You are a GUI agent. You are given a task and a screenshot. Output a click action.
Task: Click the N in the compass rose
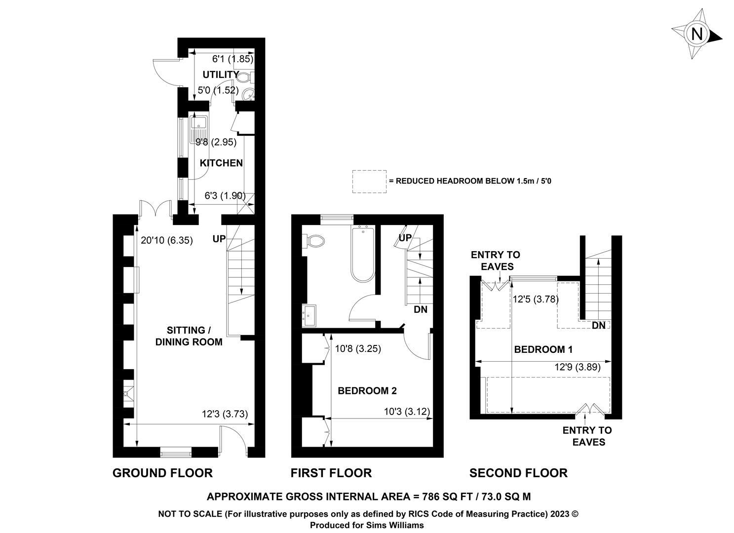(696, 34)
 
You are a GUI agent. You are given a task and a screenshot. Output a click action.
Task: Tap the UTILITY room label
(221, 75)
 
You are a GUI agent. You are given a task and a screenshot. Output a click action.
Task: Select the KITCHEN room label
(221, 163)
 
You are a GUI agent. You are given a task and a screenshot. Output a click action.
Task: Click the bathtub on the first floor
(363, 253)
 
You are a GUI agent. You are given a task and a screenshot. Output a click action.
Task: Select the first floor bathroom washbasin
(309, 316)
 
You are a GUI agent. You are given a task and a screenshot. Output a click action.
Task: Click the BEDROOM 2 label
(367, 391)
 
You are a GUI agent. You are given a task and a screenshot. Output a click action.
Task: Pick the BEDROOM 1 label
(543, 349)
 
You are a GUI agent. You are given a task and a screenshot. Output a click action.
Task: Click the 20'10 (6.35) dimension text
(167, 240)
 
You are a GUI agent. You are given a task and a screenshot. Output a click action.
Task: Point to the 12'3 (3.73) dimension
(225, 414)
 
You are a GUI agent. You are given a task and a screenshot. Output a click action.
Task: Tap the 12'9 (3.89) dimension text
(578, 367)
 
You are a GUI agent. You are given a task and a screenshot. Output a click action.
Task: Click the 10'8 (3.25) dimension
(358, 348)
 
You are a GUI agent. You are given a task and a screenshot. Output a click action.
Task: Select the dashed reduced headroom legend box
(369, 182)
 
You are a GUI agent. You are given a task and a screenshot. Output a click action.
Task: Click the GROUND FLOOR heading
(162, 473)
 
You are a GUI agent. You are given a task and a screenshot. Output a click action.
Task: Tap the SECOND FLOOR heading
(518, 473)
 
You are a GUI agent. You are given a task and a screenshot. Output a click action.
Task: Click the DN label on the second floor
(599, 325)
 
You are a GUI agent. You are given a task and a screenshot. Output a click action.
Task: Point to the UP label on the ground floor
(219, 239)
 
